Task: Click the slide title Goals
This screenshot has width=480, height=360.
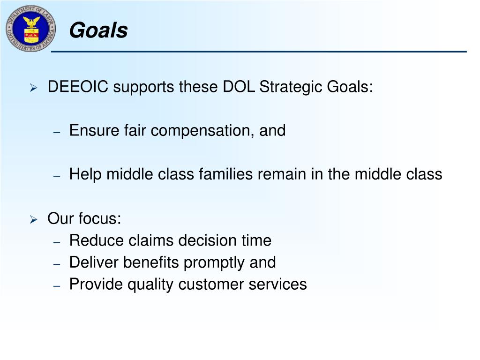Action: [x=98, y=31]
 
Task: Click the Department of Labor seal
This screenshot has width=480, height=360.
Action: [x=30, y=29]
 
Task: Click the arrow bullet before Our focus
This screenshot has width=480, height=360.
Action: [x=33, y=219]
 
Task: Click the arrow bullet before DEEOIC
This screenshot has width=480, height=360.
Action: [x=33, y=88]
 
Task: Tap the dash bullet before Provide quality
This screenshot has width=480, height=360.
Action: [x=57, y=285]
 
